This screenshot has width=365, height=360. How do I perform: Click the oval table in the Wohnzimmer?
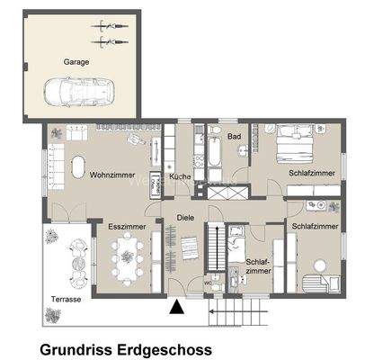(x=77, y=167)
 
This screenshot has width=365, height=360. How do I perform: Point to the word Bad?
(x=235, y=137)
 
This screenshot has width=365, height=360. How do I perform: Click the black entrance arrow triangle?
(x=178, y=309)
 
